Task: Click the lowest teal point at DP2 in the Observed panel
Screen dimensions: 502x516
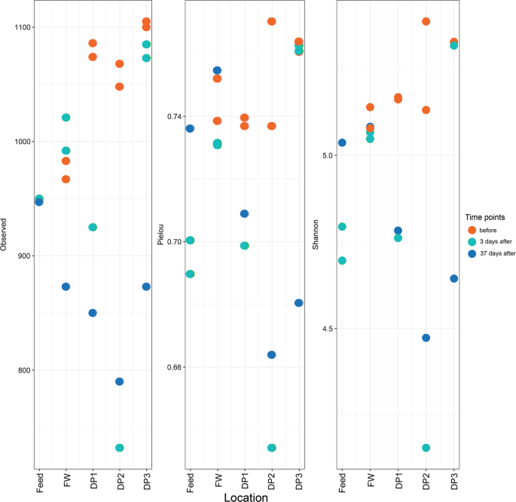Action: tap(120, 448)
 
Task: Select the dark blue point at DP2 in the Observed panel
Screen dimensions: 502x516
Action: tap(120, 381)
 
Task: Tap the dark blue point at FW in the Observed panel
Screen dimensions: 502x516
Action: tap(66, 286)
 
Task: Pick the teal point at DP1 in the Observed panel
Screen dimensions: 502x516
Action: tap(93, 228)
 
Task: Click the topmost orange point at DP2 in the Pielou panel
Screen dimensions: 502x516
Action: tap(271, 22)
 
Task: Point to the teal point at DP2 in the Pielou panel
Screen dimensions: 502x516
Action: tap(271, 448)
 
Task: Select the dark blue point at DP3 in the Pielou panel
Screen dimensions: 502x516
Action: tap(298, 303)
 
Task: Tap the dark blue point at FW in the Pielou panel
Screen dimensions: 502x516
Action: tap(217, 71)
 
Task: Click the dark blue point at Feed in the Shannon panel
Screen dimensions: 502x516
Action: tap(342, 142)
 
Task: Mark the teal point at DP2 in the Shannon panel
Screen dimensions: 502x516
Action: tap(426, 448)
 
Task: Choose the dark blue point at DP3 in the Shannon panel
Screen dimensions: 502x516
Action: tap(453, 279)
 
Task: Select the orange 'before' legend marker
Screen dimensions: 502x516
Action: tap(472, 228)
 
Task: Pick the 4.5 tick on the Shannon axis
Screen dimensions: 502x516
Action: tap(326, 329)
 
